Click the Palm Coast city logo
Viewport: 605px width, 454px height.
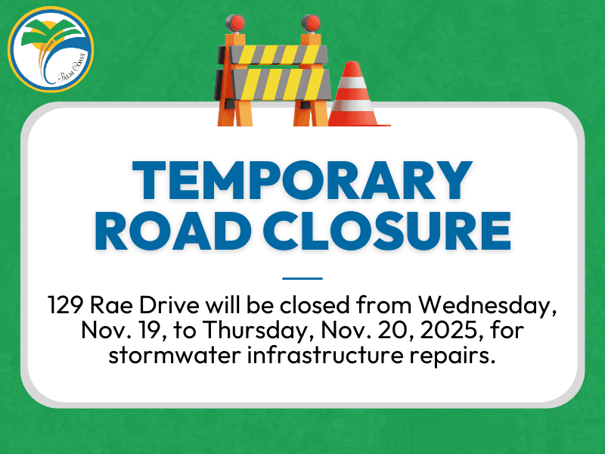pos(50,50)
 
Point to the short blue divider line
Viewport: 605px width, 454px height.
pos(302,278)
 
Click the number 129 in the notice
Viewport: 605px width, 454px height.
pos(68,306)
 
